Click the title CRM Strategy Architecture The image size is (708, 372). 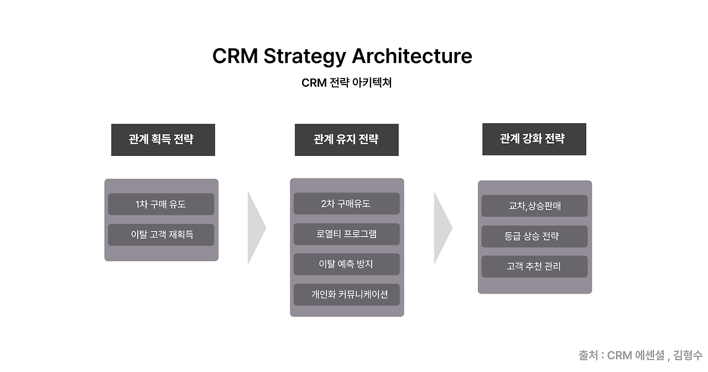342,56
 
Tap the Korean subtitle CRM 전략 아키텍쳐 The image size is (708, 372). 347,83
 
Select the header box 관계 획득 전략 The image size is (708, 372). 163,140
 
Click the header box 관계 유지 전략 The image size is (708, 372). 347,140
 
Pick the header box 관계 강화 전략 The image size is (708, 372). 534,139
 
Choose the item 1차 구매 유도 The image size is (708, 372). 161,205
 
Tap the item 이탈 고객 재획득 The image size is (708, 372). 161,234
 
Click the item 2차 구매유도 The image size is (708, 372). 347,203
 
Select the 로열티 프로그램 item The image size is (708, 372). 347,234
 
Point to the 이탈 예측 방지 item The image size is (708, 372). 347,264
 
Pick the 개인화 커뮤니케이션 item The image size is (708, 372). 347,295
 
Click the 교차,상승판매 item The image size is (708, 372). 534,206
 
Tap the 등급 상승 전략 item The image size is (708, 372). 534,236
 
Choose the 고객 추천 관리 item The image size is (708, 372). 534,266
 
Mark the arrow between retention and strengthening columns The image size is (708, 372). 444,228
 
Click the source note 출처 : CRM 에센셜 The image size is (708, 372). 622,355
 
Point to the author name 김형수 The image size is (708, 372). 688,355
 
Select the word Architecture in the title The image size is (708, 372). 412,56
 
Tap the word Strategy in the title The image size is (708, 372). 305,57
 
